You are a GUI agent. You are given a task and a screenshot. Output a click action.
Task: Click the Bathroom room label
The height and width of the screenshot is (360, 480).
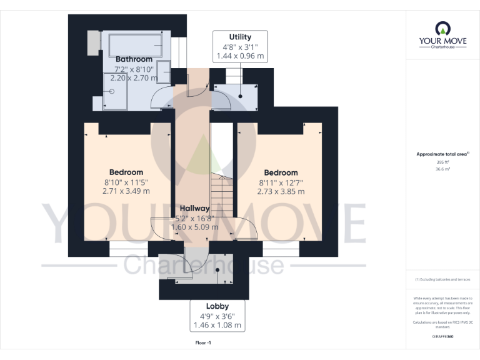133,59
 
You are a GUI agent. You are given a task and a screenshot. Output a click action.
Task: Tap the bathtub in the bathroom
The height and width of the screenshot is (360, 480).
136,45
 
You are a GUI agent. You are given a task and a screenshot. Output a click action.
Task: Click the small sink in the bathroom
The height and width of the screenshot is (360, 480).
164,71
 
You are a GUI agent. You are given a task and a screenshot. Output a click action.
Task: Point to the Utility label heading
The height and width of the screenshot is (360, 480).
240,37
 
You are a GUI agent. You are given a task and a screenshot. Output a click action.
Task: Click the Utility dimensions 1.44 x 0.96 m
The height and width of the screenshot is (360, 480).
240,56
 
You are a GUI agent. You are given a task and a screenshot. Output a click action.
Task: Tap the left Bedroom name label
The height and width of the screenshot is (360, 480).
126,172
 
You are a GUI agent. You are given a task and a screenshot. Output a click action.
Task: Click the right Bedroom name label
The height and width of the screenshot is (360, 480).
281,172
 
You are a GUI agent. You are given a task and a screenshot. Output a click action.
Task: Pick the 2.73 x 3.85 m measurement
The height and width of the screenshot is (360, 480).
281,191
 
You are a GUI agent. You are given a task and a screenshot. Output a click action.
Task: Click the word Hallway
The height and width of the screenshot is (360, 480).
194,208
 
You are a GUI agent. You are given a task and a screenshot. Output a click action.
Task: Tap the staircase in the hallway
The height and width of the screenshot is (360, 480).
222,194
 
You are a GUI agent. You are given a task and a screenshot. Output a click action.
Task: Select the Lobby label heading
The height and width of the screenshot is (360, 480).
216,307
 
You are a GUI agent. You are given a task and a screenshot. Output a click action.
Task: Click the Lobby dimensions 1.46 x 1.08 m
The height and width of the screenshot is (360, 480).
216,326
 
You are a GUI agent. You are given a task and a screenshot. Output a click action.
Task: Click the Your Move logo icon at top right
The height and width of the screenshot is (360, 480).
442,28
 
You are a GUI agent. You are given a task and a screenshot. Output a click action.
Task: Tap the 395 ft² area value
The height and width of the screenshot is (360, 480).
442,162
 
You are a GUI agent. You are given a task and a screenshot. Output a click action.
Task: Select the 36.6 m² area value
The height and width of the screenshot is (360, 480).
442,169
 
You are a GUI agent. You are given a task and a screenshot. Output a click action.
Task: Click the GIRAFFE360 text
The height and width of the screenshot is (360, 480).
442,337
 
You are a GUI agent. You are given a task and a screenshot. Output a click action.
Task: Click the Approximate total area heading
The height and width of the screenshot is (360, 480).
442,154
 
